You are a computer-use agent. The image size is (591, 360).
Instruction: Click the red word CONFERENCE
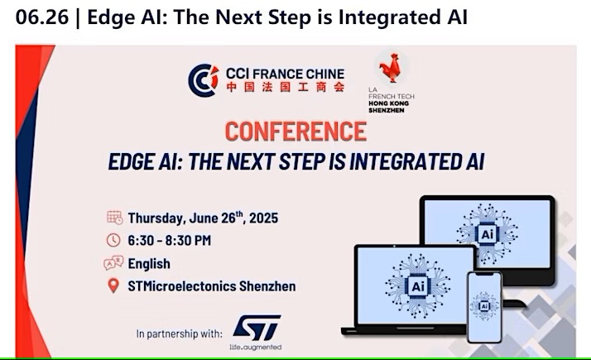click(x=295, y=132)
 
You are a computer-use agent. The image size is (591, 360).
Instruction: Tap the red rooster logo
click(x=390, y=68)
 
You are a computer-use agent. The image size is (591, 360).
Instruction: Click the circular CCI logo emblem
click(x=204, y=80)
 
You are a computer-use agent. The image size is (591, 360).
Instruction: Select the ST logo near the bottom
click(x=257, y=328)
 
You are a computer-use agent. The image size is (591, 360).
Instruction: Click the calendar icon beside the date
click(x=114, y=218)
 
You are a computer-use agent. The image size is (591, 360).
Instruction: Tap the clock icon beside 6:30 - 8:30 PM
click(x=113, y=240)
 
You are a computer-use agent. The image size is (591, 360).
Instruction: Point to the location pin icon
click(x=113, y=286)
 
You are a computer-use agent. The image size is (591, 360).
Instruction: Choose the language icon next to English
click(x=113, y=262)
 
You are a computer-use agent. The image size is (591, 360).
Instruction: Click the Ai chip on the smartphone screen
click(x=484, y=305)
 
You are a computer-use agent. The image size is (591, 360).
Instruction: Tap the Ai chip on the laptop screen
click(x=418, y=286)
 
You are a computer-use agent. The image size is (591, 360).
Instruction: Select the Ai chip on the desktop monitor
click(x=487, y=234)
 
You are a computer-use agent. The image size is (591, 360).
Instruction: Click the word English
click(x=149, y=263)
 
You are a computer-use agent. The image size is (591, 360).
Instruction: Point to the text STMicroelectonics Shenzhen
click(x=211, y=286)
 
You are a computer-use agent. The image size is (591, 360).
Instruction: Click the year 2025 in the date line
click(x=263, y=218)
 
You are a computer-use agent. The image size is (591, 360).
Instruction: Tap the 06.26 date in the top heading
click(x=42, y=17)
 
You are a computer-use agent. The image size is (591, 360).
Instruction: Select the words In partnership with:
click(x=179, y=334)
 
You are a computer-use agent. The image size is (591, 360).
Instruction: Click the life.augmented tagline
click(x=256, y=347)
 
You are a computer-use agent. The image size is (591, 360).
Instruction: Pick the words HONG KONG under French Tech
click(x=388, y=103)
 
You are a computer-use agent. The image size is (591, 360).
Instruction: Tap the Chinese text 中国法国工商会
click(x=285, y=87)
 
